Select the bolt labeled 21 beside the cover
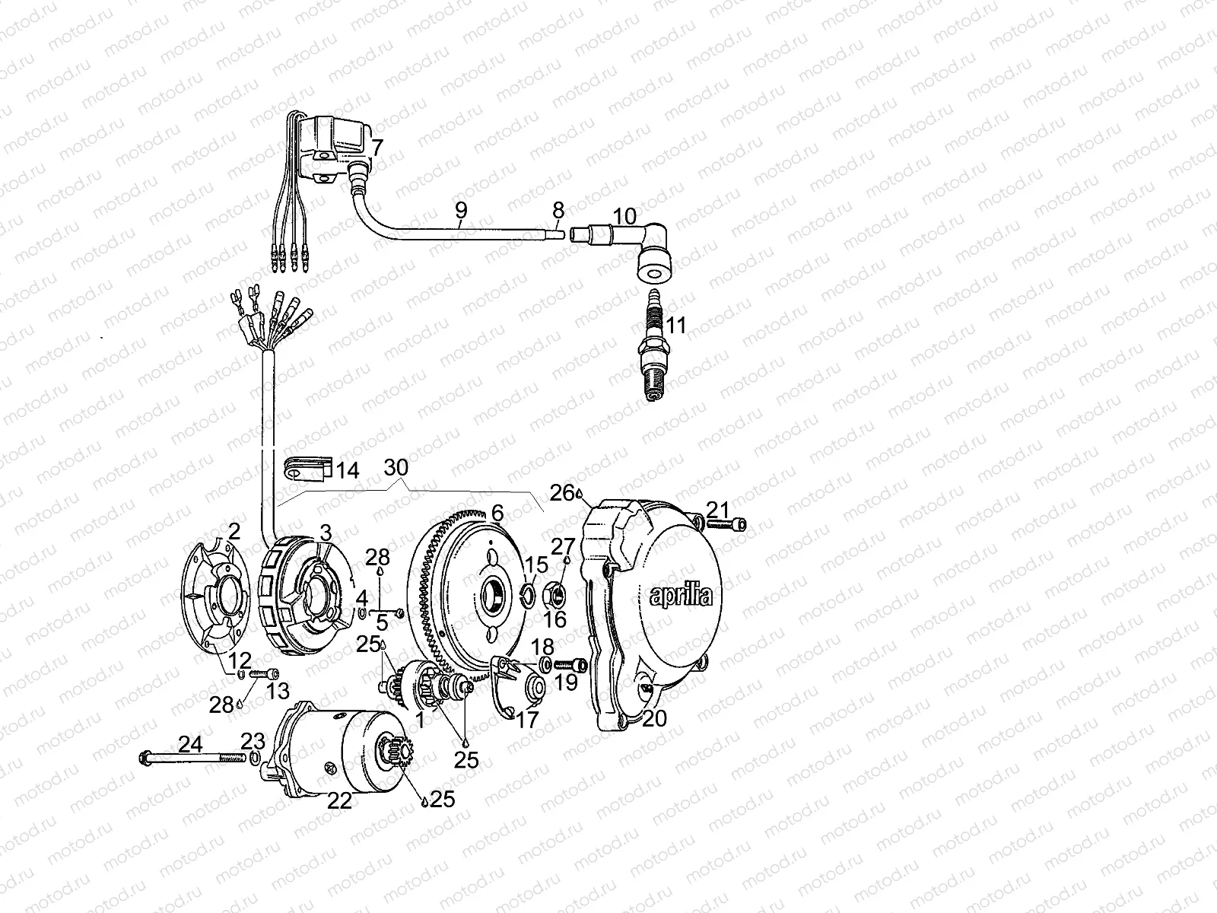[x=727, y=523]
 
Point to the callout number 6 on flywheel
[x=497, y=514]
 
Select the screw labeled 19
[x=571, y=666]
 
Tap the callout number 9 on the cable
[x=462, y=212]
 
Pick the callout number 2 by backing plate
[x=234, y=530]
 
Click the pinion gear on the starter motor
[x=398, y=754]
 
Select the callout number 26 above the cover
[x=563, y=494]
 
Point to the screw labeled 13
[x=262, y=673]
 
